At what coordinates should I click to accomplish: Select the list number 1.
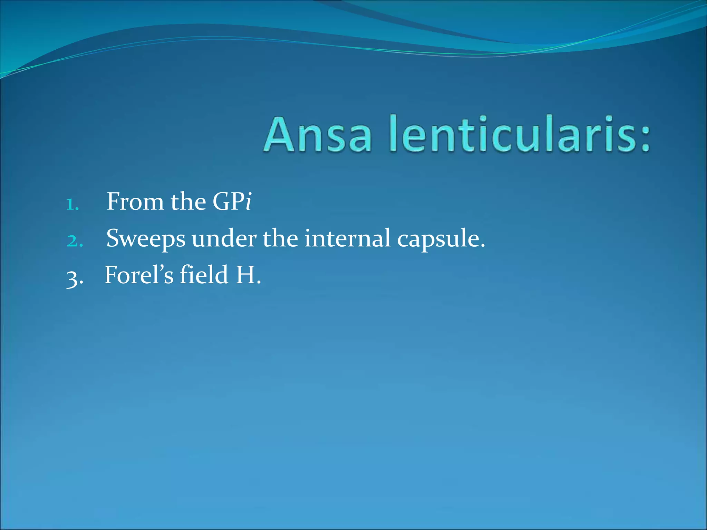(72, 204)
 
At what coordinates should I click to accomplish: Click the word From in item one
(135, 202)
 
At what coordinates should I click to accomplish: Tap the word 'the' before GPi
(188, 202)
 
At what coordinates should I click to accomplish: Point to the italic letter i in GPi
(248, 202)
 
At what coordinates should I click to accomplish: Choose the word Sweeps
(146, 239)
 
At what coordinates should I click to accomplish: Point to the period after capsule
(482, 245)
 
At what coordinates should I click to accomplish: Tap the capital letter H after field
(245, 275)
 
